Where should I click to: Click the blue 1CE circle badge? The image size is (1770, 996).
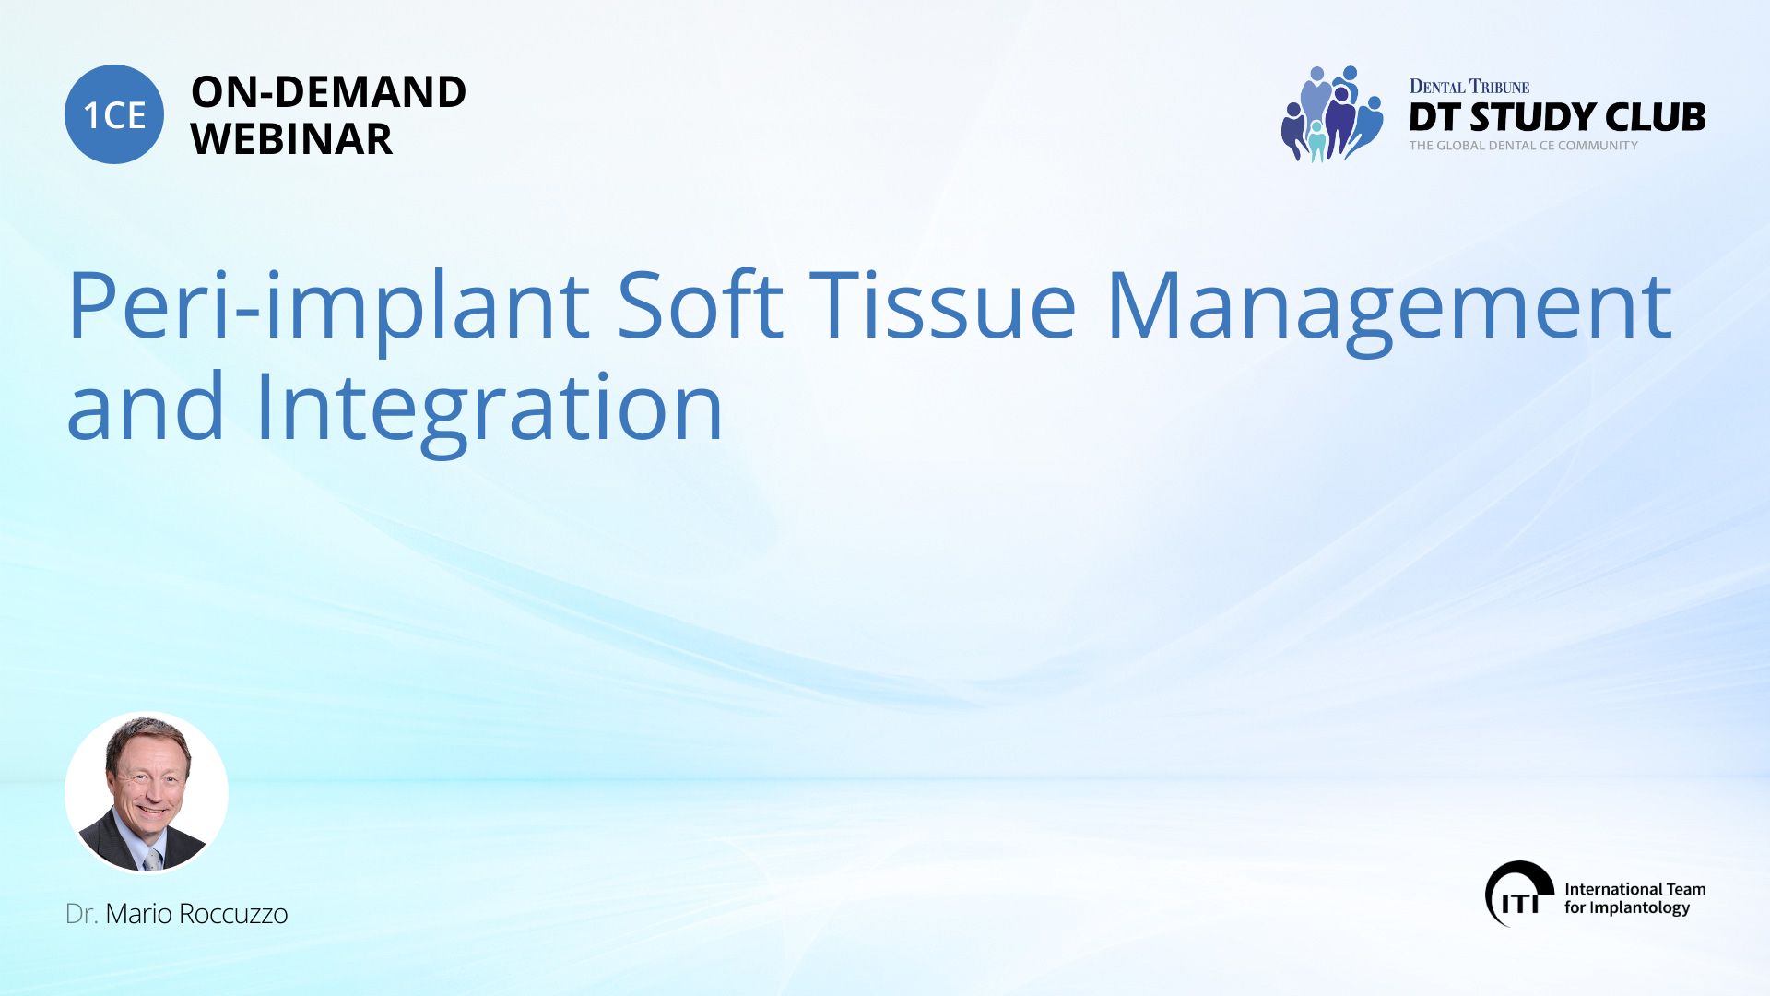click(114, 114)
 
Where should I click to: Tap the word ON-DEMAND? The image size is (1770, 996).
click(328, 92)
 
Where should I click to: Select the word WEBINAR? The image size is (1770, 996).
click(291, 139)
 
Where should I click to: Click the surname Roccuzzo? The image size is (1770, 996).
click(233, 914)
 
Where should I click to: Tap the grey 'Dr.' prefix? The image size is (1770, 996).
click(82, 914)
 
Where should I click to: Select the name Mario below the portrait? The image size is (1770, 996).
click(138, 914)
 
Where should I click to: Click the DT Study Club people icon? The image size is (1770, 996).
click(1331, 113)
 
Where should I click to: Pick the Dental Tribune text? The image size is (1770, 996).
click(1469, 87)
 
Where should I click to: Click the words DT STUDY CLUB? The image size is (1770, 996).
click(1557, 117)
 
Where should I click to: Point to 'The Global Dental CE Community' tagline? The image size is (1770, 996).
click(1524, 146)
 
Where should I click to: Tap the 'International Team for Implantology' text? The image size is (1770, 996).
click(1634, 898)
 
